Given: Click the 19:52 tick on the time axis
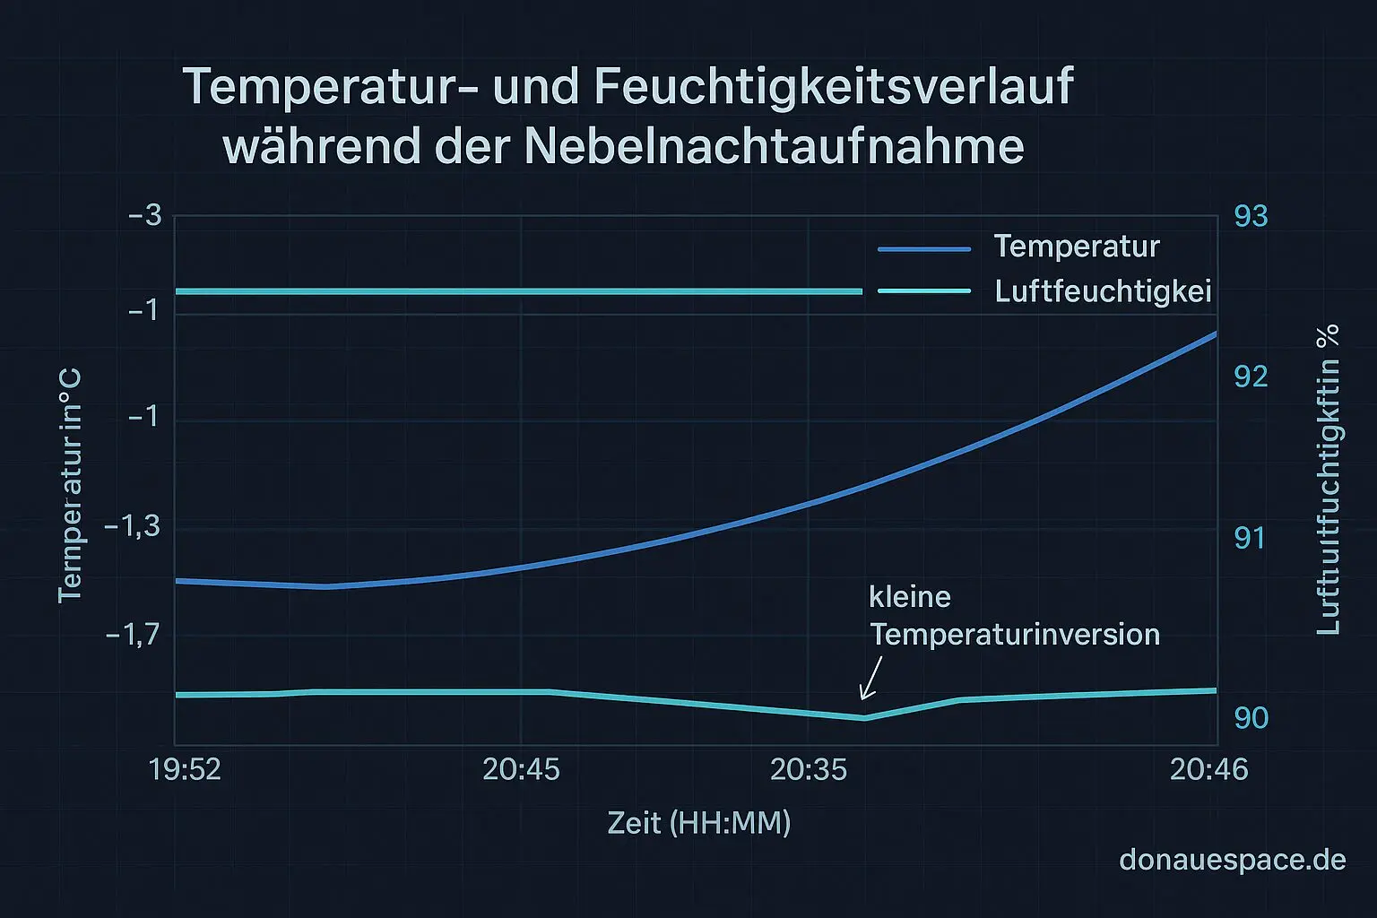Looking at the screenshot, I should [185, 769].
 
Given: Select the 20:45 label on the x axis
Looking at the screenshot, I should [521, 769].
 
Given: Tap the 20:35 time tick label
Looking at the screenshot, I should [809, 769].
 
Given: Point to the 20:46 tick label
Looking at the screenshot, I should [1208, 769].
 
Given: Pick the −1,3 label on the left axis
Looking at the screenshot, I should [133, 525].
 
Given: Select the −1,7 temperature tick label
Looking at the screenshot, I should [133, 636].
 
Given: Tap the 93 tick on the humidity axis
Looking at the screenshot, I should [1251, 216].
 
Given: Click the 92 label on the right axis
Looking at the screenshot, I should [1251, 377].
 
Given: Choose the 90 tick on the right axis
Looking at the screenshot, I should [1251, 717].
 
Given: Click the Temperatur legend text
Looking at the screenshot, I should [1077, 247].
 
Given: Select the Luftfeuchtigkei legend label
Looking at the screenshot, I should [1103, 291].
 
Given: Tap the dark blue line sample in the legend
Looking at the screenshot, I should [924, 249].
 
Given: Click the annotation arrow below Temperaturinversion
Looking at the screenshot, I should [870, 678].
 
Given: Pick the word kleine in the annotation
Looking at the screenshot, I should [910, 597].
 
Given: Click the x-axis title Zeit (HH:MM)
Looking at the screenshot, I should [699, 822].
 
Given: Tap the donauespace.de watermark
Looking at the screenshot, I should [1233, 860].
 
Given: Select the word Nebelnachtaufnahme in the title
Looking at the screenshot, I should [774, 146].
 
